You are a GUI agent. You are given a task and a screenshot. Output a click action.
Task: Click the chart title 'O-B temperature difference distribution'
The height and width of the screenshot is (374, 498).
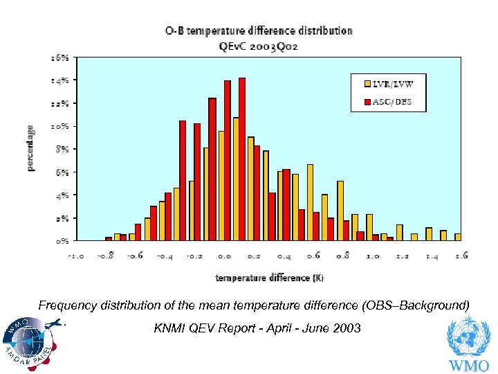point(258,30)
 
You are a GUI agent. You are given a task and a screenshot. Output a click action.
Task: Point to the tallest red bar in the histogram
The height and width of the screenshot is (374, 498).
point(242,159)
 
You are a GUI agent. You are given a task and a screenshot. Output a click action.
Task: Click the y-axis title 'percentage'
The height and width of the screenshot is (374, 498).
point(31,148)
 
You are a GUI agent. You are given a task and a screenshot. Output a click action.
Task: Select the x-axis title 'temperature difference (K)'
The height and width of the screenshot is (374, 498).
point(270,278)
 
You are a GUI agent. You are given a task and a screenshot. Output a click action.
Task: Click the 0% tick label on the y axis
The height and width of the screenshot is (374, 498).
point(62,241)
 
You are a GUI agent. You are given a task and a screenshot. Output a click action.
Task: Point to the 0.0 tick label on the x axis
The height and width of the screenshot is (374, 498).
point(224,256)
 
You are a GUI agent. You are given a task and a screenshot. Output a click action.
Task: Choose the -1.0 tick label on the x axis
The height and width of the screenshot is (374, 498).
point(75,256)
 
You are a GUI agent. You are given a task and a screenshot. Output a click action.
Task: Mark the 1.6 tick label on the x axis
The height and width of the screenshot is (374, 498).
point(461,256)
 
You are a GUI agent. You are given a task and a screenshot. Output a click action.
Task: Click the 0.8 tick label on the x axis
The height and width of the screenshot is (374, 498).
point(342,256)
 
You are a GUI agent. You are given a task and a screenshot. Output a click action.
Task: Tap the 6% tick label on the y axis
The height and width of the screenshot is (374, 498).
point(62,172)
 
